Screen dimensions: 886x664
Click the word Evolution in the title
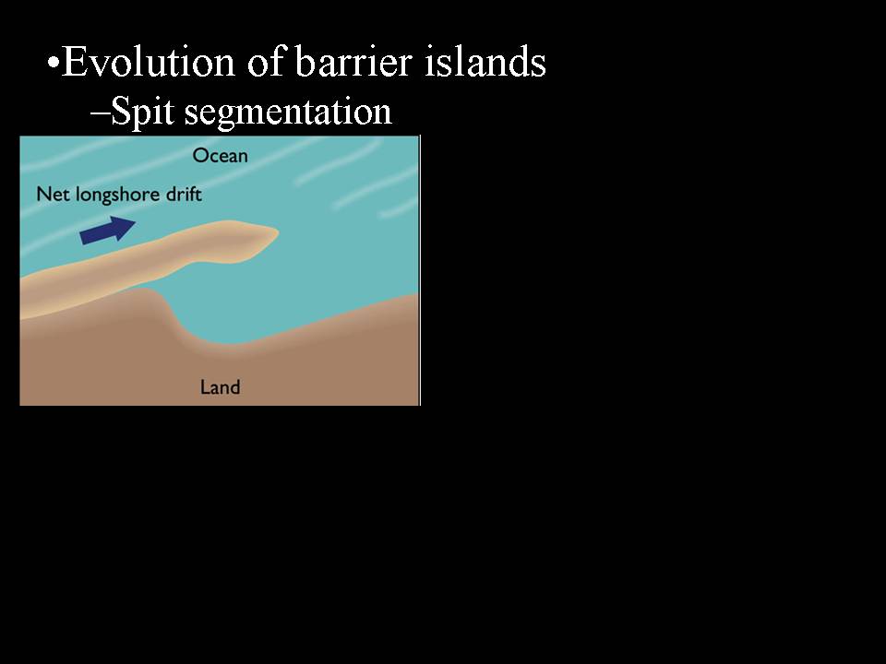148,61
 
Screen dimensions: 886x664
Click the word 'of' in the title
265,61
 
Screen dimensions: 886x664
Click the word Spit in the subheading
142,112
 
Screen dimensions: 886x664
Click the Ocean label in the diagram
220,155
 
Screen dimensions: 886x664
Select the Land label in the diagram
220,386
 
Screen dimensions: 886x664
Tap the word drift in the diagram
184,195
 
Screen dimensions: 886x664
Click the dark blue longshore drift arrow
107,231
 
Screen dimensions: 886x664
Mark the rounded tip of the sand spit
276,232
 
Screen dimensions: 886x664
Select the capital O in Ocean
199,155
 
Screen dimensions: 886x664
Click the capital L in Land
205,386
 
